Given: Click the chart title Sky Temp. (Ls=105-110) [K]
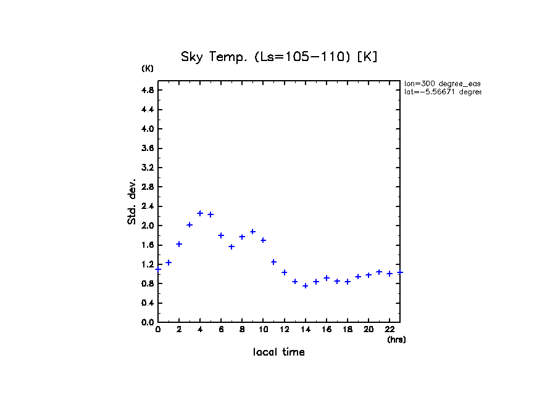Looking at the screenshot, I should click(279, 57).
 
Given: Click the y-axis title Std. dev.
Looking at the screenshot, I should click(131, 201).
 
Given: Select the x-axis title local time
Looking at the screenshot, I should click(279, 352).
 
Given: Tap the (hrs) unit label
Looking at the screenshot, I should click(396, 340).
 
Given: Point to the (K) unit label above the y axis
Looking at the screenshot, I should click(148, 68).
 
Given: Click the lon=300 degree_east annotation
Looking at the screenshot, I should click(442, 83).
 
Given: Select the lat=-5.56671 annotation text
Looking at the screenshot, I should click(442, 92).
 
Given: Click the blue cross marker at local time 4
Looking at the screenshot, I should click(200, 213).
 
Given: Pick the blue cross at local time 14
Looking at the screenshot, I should click(305, 286).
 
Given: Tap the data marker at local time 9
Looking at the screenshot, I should click(252, 232).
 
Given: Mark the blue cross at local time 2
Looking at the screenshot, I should click(179, 244).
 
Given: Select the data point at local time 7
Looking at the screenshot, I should click(231, 246).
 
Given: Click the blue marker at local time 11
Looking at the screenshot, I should click(273, 262).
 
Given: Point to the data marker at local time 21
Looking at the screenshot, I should click(379, 272).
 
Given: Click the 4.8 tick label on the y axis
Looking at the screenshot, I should click(148, 90).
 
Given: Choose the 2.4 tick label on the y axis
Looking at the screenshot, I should click(148, 206).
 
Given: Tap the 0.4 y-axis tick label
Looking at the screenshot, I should click(148, 303).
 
